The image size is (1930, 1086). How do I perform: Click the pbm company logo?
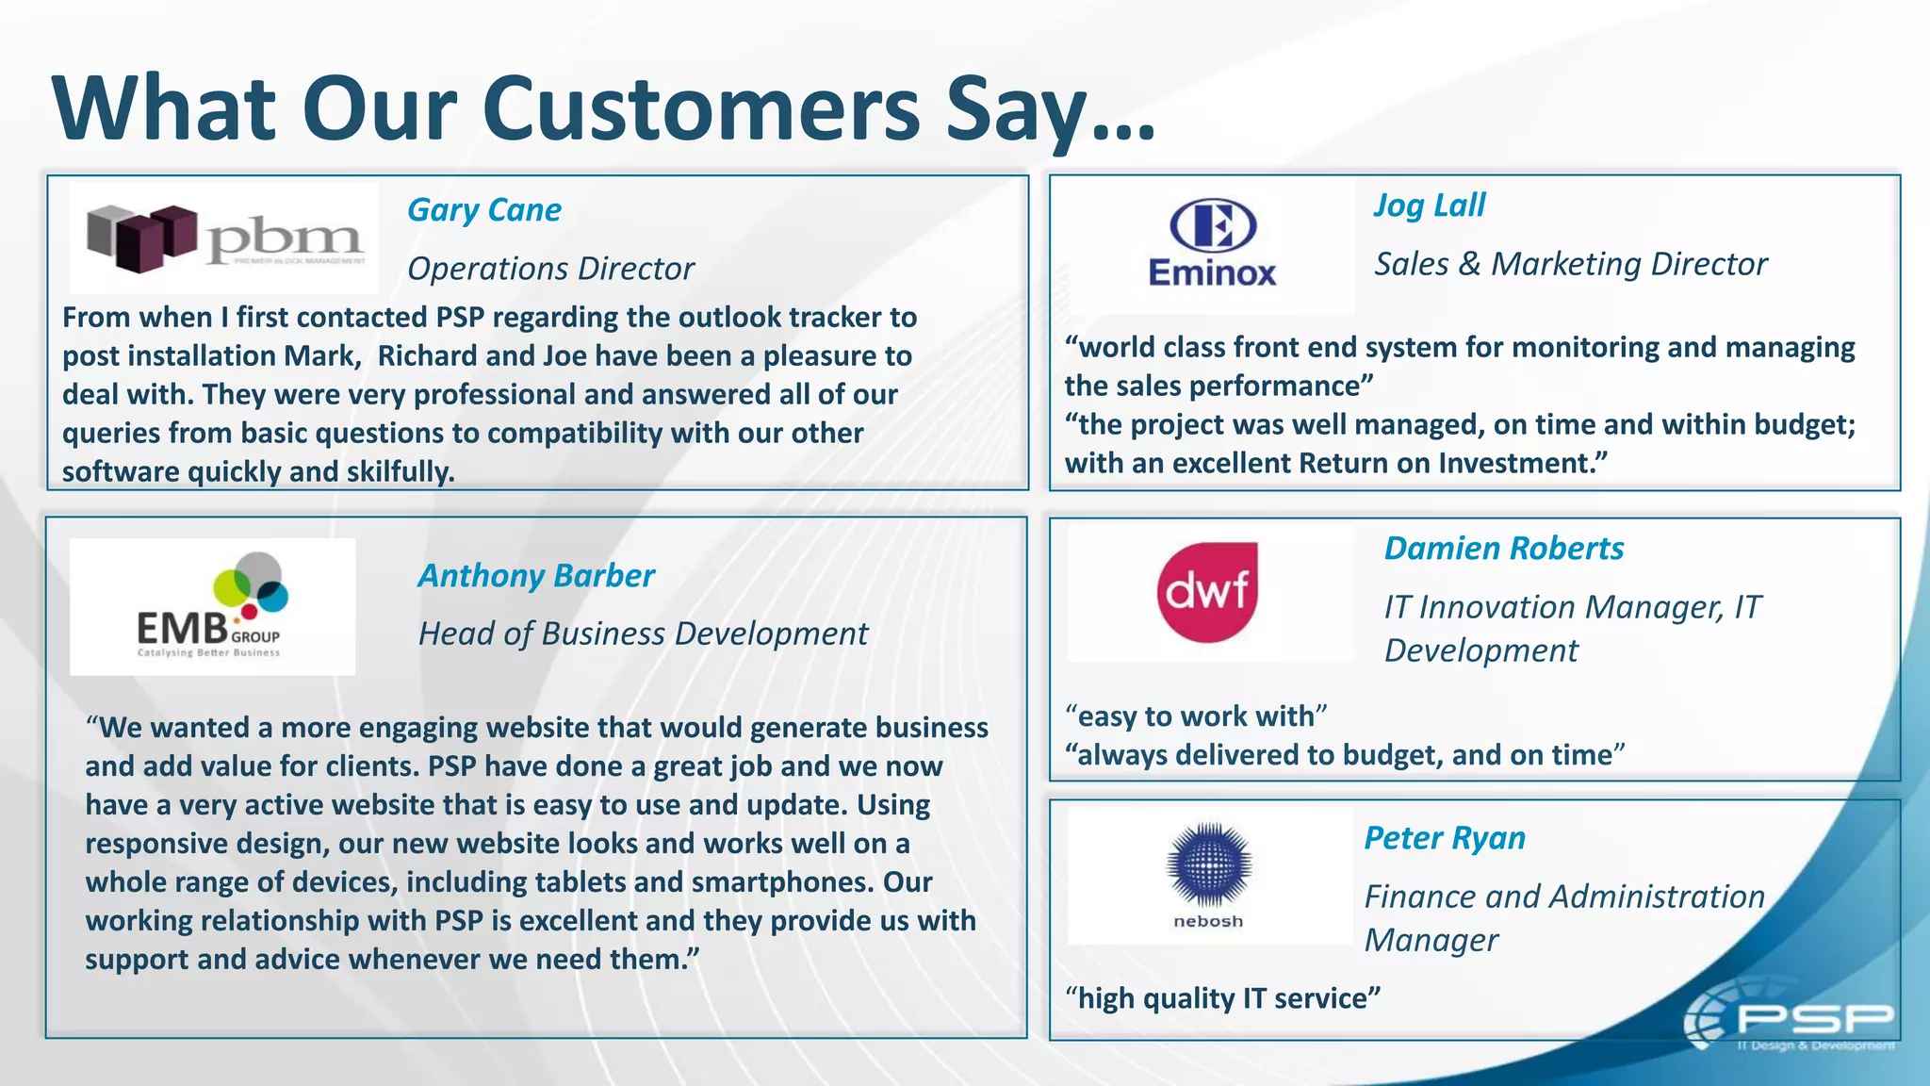(x=224, y=239)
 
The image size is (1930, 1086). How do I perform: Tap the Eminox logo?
(x=1213, y=244)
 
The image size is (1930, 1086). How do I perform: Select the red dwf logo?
(x=1207, y=592)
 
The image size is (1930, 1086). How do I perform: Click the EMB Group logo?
(x=213, y=606)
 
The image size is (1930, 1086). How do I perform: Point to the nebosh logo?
(x=1209, y=875)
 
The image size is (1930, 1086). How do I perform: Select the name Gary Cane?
(x=484, y=210)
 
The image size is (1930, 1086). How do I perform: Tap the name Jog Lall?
(x=1430, y=206)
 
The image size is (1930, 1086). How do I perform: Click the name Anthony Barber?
(x=536, y=576)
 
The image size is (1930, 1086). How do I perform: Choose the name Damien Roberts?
(x=1504, y=549)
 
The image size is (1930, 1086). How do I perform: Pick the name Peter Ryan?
(x=1445, y=838)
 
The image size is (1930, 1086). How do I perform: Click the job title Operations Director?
(x=551, y=269)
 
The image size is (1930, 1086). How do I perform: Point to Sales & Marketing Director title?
(x=1571, y=264)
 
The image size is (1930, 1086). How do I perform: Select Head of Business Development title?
(x=643, y=634)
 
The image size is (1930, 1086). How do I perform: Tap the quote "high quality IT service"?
(x=1222, y=998)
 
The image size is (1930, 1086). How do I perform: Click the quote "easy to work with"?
(x=1196, y=716)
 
